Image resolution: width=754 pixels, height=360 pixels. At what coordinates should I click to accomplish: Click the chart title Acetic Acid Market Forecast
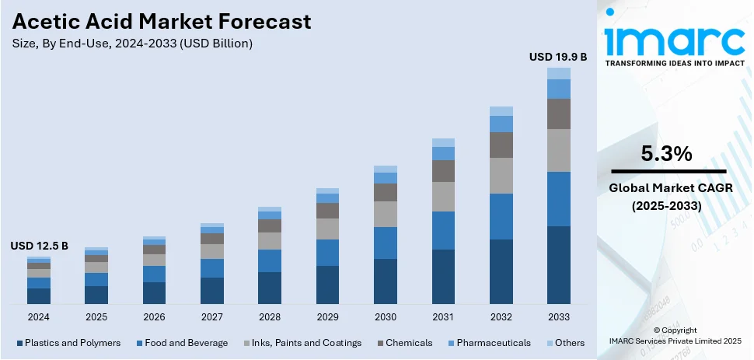pyautogui.click(x=161, y=21)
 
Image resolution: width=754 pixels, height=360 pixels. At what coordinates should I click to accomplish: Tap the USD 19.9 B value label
pyautogui.click(x=557, y=57)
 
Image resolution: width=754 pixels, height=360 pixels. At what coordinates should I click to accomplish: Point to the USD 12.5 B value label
pyautogui.click(x=39, y=246)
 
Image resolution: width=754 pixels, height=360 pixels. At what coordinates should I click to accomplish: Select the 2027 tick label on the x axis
pyautogui.click(x=212, y=317)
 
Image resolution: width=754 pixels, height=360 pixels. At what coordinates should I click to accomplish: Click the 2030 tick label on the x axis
pyautogui.click(x=385, y=317)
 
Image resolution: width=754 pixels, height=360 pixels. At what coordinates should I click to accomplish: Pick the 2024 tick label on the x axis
pyautogui.click(x=39, y=317)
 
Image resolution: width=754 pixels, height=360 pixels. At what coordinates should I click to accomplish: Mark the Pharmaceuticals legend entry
pyautogui.click(x=493, y=343)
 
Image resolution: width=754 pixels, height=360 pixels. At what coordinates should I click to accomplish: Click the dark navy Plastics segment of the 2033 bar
pyautogui.click(x=558, y=264)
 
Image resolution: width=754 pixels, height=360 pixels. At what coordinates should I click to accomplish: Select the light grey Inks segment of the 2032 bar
pyautogui.click(x=501, y=176)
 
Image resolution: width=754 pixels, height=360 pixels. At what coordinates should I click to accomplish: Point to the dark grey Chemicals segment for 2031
pyautogui.click(x=443, y=171)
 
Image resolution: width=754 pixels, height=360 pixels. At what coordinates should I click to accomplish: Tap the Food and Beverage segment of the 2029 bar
pyautogui.click(x=327, y=253)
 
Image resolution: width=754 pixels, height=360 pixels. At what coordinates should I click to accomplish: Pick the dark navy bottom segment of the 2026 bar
pyautogui.click(x=155, y=292)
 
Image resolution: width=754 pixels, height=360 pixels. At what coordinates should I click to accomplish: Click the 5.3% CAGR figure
pyautogui.click(x=666, y=155)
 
